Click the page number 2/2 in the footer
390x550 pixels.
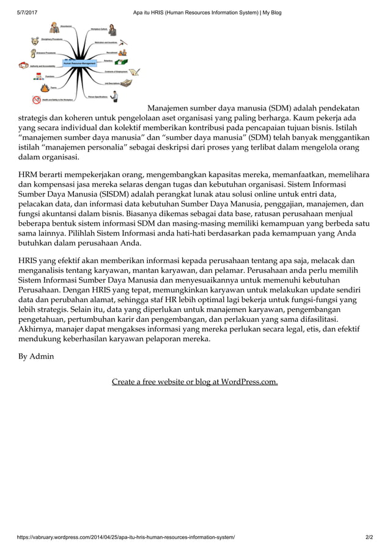369,537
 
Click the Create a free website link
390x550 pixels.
194,382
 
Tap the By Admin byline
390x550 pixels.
36,356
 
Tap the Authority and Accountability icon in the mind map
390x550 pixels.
23,65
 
